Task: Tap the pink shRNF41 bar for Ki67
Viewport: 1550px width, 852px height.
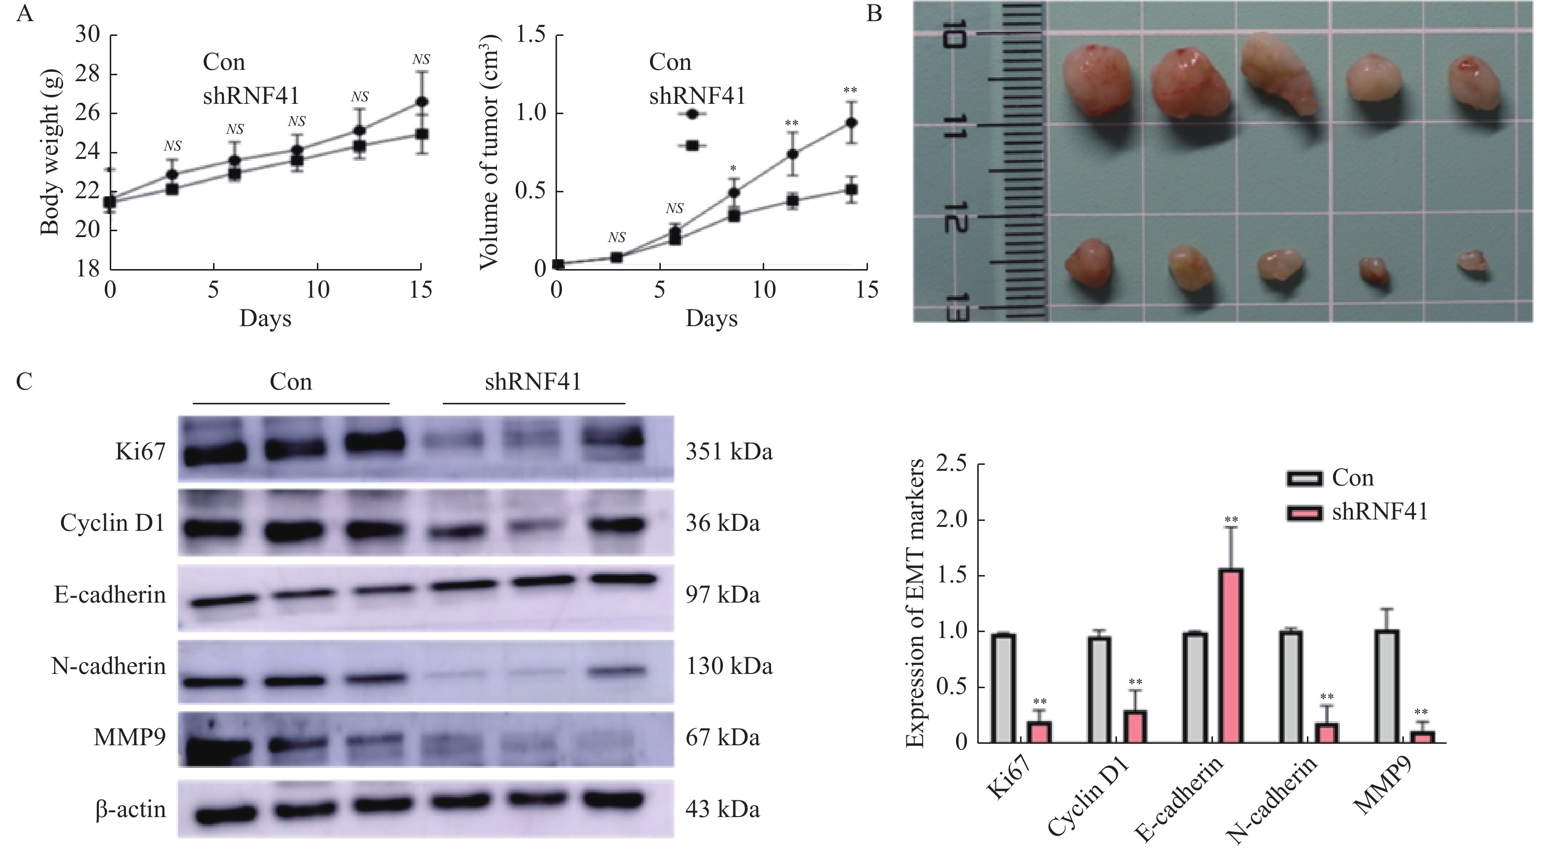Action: click(x=1039, y=731)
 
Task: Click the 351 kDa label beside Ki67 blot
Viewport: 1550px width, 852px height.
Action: click(x=729, y=451)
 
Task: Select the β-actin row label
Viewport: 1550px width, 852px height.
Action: click(x=130, y=809)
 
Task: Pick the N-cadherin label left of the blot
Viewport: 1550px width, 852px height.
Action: click(x=108, y=666)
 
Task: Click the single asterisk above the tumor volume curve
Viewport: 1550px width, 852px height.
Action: click(x=733, y=168)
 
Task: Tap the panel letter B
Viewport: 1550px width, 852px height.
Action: click(x=874, y=13)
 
